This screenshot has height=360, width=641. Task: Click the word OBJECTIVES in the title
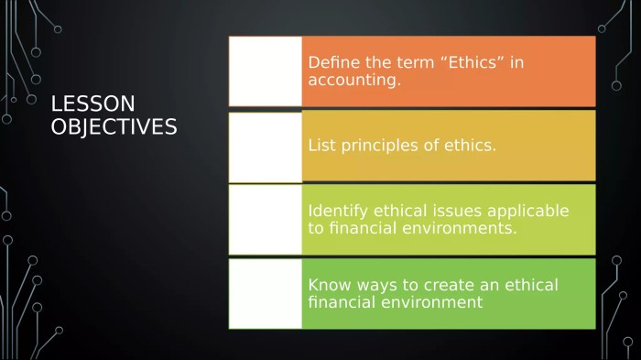click(x=114, y=126)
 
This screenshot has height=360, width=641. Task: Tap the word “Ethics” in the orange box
click(x=463, y=63)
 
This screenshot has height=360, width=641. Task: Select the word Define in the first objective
click(x=332, y=63)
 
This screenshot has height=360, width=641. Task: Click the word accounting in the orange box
click(x=353, y=81)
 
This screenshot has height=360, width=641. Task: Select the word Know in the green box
click(x=329, y=285)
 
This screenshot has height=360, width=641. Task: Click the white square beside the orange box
click(x=266, y=71)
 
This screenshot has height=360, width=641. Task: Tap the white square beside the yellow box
click(x=266, y=146)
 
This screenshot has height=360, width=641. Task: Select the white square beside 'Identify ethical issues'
click(x=266, y=220)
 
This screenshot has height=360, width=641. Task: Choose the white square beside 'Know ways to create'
click(x=266, y=293)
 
